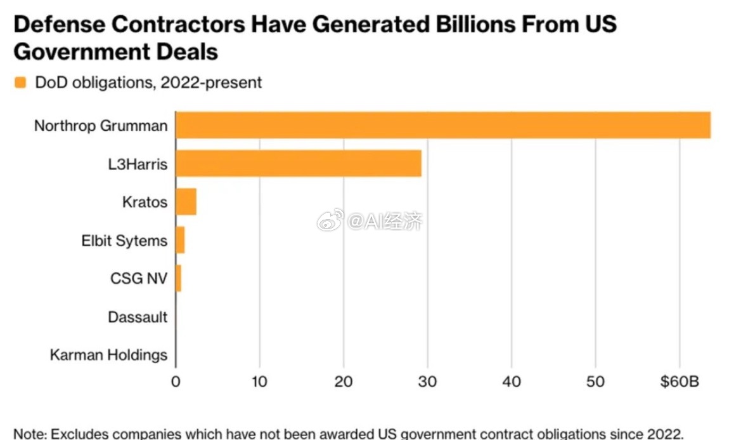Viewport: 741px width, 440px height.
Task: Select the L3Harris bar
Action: click(298, 163)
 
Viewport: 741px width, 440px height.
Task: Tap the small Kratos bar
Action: click(186, 202)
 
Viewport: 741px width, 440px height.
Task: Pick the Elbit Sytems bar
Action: click(180, 240)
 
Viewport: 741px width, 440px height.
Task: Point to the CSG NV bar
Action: click(178, 278)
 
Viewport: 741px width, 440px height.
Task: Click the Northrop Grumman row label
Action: click(101, 125)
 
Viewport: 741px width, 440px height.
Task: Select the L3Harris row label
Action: click(138, 164)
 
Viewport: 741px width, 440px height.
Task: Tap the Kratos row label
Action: click(145, 202)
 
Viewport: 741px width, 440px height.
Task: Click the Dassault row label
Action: click(138, 316)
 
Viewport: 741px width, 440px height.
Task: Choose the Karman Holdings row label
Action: click(108, 354)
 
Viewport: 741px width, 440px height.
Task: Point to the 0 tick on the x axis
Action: click(176, 382)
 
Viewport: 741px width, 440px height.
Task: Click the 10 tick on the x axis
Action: click(259, 382)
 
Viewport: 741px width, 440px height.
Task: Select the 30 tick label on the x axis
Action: click(427, 382)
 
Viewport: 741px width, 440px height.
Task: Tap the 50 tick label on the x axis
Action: click(595, 382)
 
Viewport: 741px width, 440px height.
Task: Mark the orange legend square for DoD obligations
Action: click(20, 83)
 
